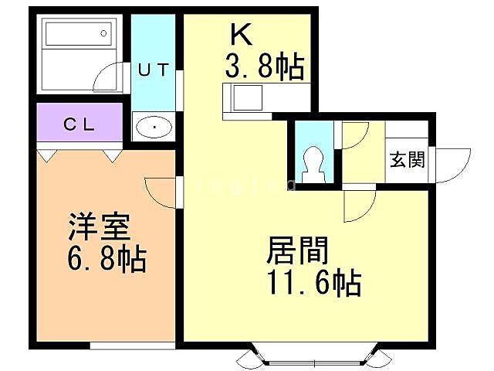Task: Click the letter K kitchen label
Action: click(240, 36)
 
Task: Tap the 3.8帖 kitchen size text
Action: click(263, 67)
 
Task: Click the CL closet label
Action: click(79, 124)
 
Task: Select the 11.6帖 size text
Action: click(314, 284)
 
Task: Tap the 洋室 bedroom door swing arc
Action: click(160, 190)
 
